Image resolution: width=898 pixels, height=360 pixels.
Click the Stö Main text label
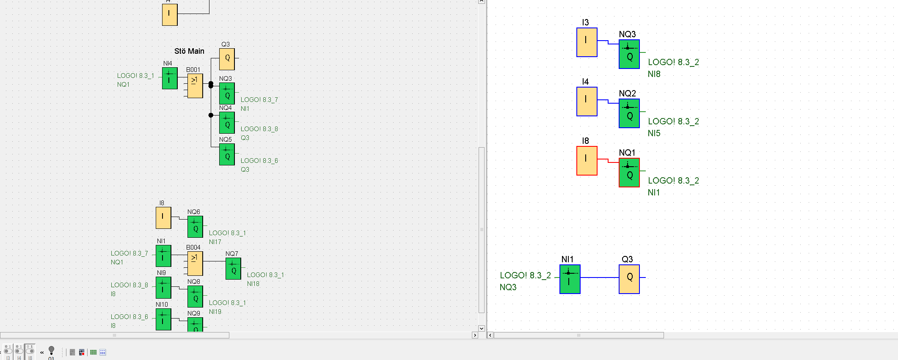click(189, 51)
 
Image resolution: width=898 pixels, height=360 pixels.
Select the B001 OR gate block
click(195, 86)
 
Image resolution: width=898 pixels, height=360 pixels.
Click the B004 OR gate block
click(195, 264)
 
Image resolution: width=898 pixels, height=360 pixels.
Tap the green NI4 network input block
click(170, 78)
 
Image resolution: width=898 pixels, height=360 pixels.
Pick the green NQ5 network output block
click(227, 154)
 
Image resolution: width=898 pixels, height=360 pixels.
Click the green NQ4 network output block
click(227, 123)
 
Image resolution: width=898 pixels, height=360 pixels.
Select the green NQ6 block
click(195, 227)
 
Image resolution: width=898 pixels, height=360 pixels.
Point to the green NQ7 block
click(233, 269)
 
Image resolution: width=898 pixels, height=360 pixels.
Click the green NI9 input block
click(163, 288)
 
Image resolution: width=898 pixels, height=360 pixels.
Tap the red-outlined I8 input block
click(587, 161)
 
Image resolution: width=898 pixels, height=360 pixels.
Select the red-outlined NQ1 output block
click(629, 173)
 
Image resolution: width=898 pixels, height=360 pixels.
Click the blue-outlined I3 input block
click(587, 42)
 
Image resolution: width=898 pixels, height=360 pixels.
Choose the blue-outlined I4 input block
click(587, 102)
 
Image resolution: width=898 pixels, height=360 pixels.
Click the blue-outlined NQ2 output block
click(629, 113)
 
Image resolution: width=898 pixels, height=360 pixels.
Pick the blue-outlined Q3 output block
click(629, 279)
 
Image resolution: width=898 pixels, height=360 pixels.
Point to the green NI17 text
click(215, 242)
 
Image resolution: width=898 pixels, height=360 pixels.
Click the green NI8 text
click(654, 74)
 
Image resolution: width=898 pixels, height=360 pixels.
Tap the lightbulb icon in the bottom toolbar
click(51, 350)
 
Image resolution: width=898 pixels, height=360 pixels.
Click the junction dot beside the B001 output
click(211, 85)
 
